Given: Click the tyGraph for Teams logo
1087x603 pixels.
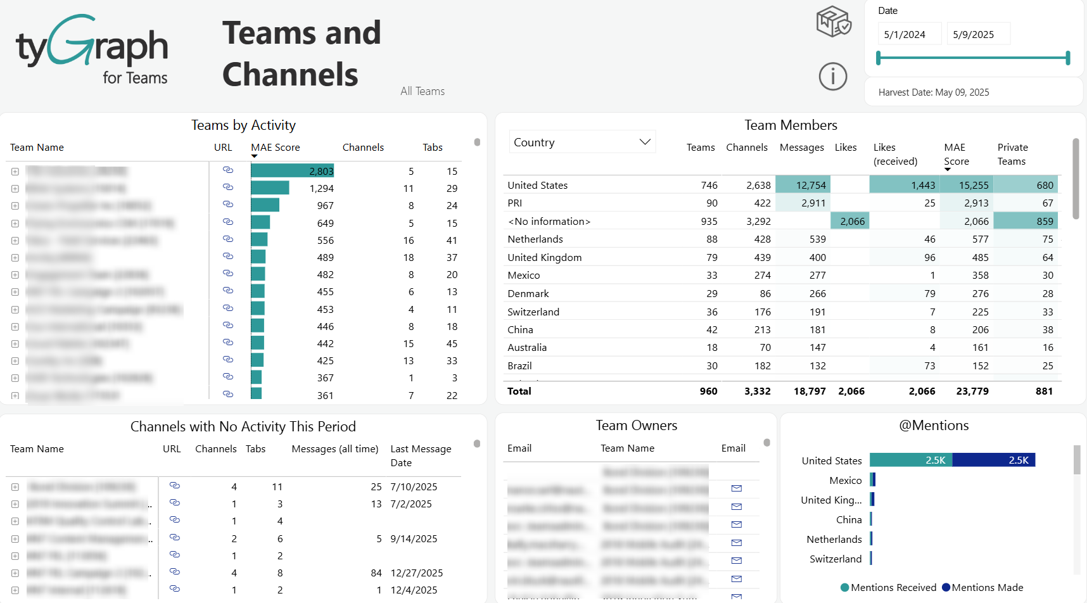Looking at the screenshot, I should (x=92, y=49).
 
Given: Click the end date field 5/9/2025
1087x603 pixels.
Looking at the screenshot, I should (x=976, y=34).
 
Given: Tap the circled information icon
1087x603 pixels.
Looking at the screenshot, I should (x=832, y=77).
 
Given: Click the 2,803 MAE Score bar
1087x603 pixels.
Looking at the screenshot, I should (x=292, y=171).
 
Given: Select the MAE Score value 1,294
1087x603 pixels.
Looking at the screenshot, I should (x=321, y=188).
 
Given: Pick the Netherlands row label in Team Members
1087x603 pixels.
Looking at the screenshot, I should (x=535, y=239).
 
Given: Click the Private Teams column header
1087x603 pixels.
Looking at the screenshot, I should (x=1012, y=154).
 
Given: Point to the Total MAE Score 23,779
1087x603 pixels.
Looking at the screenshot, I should (x=972, y=391).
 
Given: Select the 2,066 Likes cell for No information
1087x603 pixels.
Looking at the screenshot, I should (x=851, y=221).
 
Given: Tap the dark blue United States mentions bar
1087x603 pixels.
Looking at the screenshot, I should (x=993, y=460).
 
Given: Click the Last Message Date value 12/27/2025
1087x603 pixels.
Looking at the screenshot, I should (x=416, y=573).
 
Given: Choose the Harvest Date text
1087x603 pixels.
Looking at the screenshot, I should (x=933, y=92).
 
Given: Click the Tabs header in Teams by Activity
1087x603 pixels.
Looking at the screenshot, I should (x=432, y=147).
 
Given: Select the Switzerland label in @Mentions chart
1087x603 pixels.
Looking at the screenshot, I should (x=835, y=559).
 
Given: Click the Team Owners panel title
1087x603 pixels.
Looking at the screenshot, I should (x=636, y=425).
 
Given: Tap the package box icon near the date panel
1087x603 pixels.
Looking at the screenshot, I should (x=833, y=22).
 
